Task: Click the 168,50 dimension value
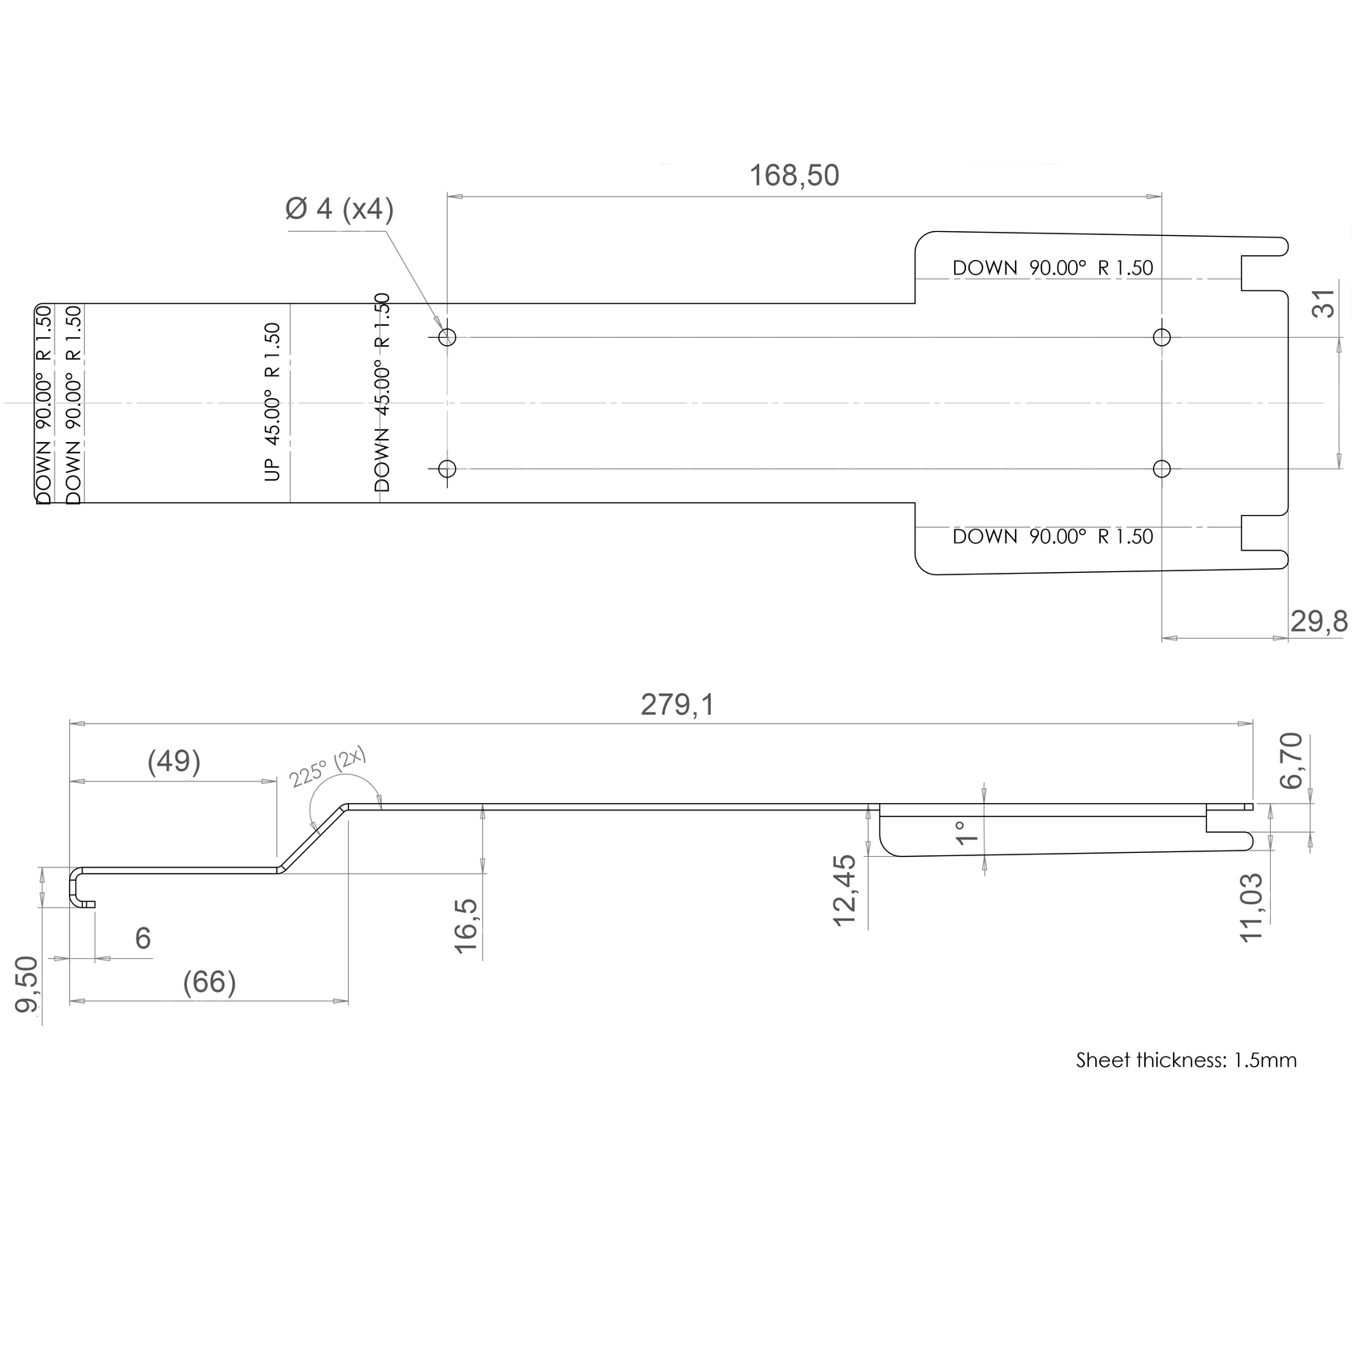point(794,175)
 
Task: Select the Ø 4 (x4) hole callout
point(339,209)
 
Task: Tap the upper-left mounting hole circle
point(448,337)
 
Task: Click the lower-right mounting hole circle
point(1161,469)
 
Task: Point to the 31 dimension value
point(1326,303)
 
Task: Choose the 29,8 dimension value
point(1319,621)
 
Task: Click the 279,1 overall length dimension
point(677,704)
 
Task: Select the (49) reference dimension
point(174,761)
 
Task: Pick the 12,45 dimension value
point(845,891)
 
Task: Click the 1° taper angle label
point(967,833)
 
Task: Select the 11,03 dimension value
point(1252,907)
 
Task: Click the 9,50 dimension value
point(28,984)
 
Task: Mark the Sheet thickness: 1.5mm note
point(1186,1061)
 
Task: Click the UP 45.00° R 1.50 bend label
point(272,402)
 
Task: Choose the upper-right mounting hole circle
point(1161,337)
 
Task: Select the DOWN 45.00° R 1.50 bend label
point(382,392)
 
